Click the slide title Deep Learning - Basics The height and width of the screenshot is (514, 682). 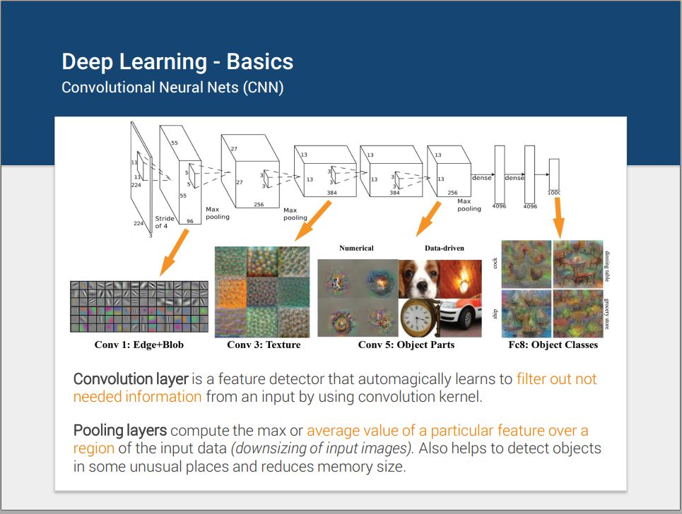pos(177,62)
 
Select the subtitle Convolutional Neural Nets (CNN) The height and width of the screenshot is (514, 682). pos(172,88)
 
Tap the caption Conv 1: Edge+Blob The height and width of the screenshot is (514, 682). pos(140,345)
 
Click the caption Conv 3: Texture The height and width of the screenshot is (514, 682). pos(264,345)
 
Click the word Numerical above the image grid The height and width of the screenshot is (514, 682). pos(356,248)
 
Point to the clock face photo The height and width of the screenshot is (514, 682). pos(418,317)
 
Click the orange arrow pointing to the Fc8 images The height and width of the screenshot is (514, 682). pos(559,216)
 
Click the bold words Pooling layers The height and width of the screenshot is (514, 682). pos(120,431)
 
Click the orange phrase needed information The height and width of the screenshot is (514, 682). pos(137,397)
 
